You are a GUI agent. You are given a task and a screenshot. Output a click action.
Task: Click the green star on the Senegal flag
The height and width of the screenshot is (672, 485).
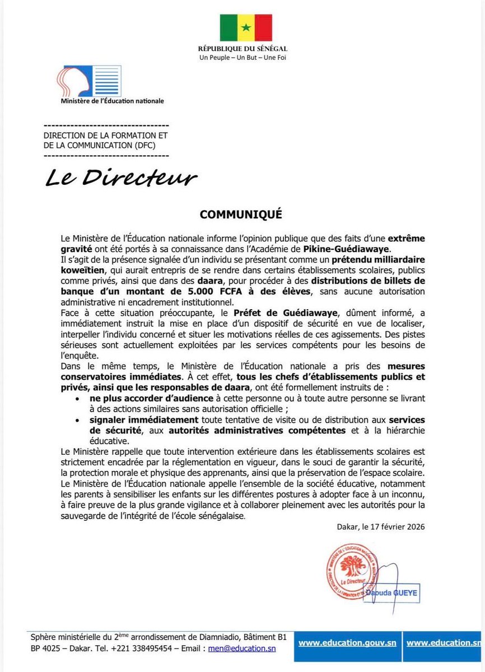coord(245,27)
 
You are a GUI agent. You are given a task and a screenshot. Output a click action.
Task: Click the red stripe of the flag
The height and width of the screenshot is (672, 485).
coord(263,27)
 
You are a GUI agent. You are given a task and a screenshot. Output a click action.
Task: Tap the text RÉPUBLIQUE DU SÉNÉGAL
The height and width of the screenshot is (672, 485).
coord(243,49)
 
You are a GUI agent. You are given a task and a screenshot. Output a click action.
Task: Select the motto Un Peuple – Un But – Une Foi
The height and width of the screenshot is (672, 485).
coord(243,58)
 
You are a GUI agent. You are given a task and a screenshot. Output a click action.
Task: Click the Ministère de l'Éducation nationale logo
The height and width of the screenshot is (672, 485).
coord(89,81)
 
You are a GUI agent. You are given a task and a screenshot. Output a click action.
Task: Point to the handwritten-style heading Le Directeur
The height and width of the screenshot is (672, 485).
coord(121,178)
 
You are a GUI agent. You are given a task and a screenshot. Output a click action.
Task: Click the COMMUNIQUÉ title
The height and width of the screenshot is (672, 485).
coord(243,214)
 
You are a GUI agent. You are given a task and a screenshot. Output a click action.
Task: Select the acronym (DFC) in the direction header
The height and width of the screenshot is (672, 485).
coord(142,146)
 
